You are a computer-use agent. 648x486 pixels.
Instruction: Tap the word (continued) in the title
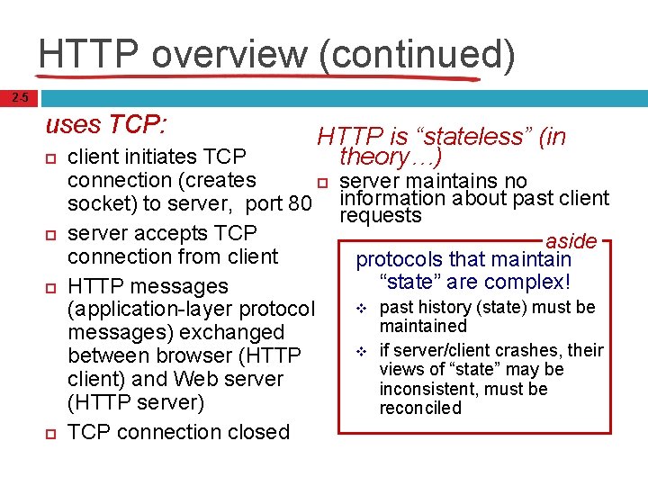417,54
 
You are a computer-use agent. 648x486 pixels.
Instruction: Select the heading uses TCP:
109,124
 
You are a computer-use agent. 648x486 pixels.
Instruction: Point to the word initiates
163,157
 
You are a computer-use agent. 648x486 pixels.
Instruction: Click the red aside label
571,241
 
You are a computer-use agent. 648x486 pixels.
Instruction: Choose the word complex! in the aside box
530,282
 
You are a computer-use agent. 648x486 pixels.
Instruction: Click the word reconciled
420,408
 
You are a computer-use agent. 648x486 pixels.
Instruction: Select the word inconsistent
427,389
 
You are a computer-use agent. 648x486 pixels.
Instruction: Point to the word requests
380,216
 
